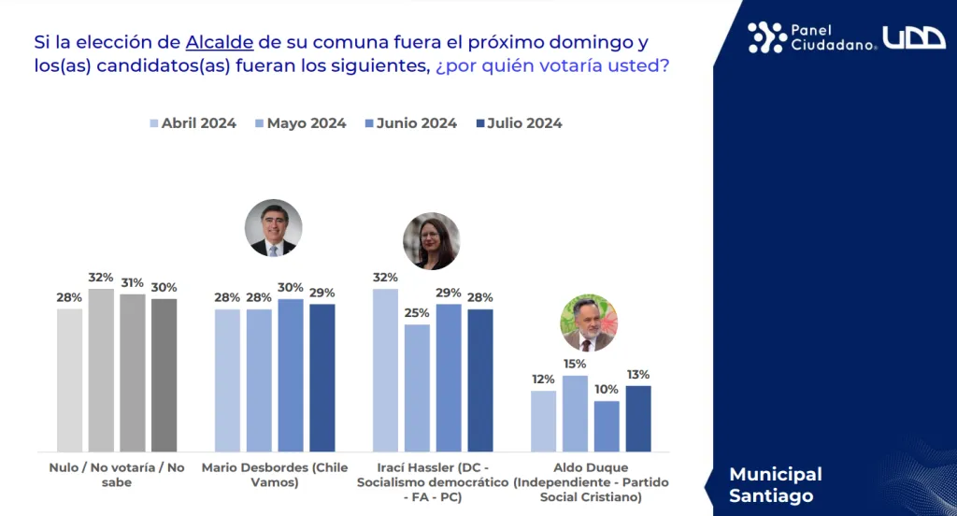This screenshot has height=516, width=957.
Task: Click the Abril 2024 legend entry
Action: click(x=193, y=123)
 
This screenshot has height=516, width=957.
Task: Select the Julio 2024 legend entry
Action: click(x=519, y=123)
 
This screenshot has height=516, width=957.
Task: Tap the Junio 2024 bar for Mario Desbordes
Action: click(x=291, y=376)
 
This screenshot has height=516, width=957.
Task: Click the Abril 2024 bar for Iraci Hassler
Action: click(x=385, y=370)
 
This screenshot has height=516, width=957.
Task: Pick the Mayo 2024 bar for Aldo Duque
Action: click(x=575, y=413)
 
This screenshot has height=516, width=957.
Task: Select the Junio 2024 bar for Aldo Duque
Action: click(x=607, y=426)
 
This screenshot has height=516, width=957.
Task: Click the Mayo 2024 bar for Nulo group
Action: click(x=101, y=370)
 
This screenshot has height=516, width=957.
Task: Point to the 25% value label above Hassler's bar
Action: click(x=417, y=312)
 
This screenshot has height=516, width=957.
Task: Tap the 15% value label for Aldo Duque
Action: click(x=575, y=364)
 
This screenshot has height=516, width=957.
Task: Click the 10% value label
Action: click(x=607, y=389)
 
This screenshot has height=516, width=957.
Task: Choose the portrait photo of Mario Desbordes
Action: click(x=274, y=228)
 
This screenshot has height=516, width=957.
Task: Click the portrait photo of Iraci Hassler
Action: click(x=431, y=241)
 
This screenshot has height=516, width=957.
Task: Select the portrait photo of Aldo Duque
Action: click(x=588, y=322)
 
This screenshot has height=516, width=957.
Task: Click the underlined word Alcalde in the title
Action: click(x=219, y=42)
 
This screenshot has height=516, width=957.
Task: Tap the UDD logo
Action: click(x=914, y=37)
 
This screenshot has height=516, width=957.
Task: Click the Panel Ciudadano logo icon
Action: click(x=766, y=37)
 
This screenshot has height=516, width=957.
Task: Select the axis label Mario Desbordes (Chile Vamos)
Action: click(x=274, y=475)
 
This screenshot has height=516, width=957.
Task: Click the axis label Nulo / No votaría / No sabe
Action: click(x=117, y=475)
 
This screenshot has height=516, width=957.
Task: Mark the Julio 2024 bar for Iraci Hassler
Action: click(x=479, y=380)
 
